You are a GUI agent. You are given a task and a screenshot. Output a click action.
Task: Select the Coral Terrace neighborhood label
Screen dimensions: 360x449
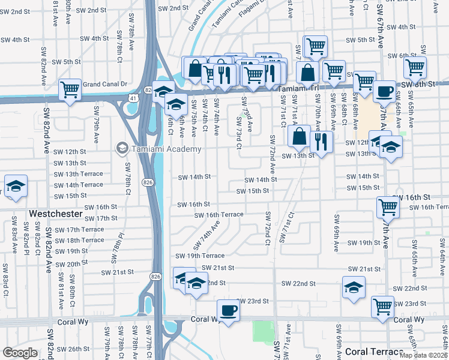[x=374, y=352]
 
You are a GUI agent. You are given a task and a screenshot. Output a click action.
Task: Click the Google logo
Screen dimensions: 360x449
[x=20, y=353]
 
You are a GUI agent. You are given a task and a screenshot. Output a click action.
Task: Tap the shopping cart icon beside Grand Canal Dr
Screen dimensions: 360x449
[x=70, y=90]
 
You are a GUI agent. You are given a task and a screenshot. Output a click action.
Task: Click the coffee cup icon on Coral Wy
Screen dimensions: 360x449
[x=228, y=310]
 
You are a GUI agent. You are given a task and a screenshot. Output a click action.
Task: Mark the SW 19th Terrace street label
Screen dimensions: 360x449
[x=200, y=256]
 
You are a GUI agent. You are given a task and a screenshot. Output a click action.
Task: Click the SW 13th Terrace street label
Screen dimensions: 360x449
[x=78, y=174]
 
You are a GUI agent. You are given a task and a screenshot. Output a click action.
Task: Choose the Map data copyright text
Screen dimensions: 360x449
[x=423, y=355]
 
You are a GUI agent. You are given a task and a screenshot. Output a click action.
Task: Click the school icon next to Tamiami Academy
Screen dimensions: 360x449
[x=122, y=148]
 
